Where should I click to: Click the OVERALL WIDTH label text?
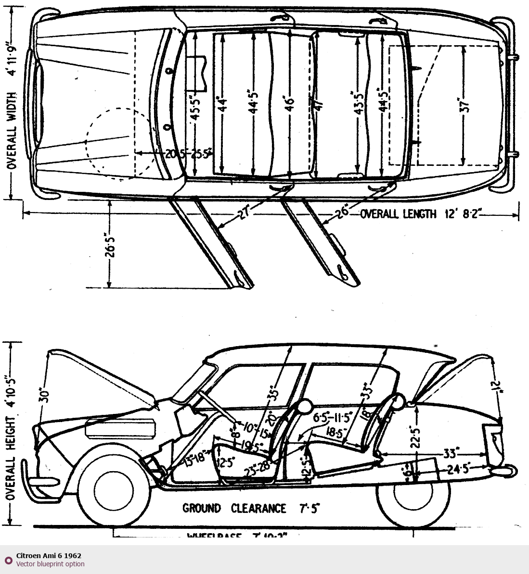[12, 130]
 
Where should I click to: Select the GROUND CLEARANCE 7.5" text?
[251, 508]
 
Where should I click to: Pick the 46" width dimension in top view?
[289, 103]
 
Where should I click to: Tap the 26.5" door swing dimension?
[111, 244]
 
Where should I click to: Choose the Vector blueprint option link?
[50, 564]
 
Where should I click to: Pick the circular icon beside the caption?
[8, 561]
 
